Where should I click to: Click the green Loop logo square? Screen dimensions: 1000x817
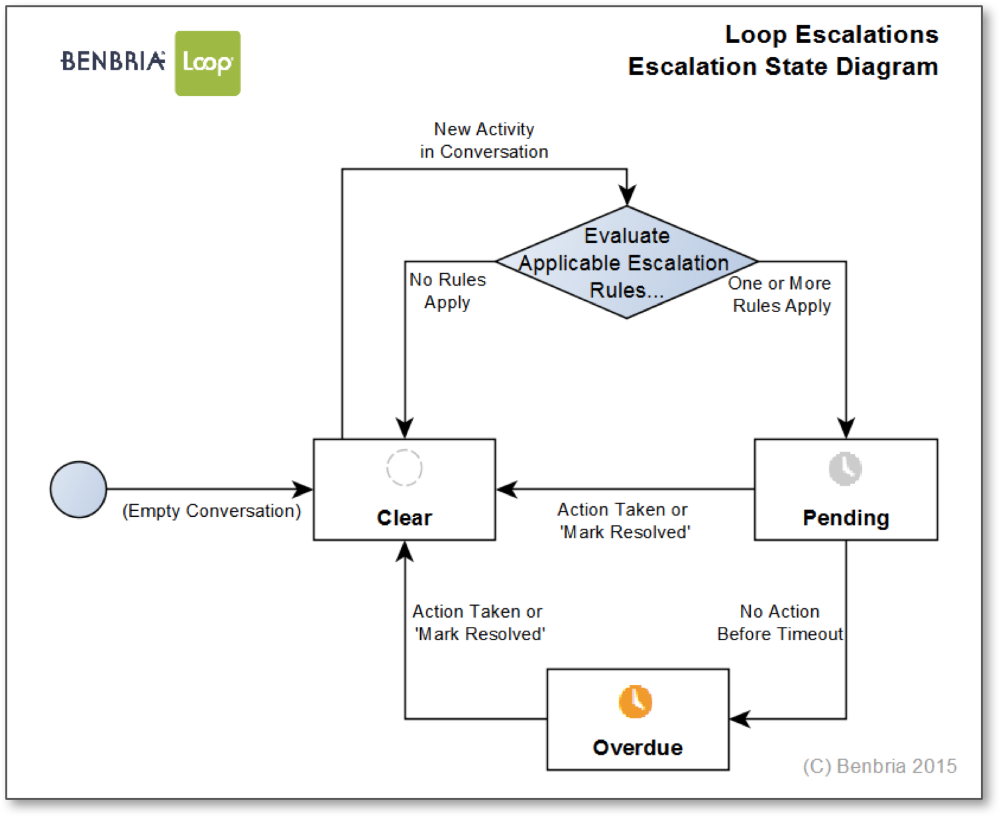point(207,64)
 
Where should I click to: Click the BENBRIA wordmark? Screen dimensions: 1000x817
point(113,61)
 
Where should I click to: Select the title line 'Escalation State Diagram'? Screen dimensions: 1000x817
point(783,67)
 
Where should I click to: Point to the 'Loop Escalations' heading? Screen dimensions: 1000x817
point(832,34)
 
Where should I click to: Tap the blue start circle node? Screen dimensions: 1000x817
point(78,490)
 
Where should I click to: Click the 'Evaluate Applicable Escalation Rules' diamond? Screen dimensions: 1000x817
point(626,262)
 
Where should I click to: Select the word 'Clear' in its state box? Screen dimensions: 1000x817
point(404,517)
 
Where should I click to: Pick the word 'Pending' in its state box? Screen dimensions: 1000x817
point(846,517)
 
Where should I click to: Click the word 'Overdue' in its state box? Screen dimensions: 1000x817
point(638,748)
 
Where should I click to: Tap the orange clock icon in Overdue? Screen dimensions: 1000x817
point(636,701)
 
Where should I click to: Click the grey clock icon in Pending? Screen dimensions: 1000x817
point(846,469)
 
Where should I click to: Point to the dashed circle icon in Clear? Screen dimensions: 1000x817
point(404,468)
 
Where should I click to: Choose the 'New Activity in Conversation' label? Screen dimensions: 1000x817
point(484,140)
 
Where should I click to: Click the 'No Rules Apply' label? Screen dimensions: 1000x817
point(447,291)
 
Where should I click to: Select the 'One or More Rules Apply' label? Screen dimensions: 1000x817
point(780,294)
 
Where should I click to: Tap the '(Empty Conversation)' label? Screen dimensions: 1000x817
point(211,511)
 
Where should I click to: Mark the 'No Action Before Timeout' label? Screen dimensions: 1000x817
point(780,623)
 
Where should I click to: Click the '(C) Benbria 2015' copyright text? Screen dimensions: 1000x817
point(879,766)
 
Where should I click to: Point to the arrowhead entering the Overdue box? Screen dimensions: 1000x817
point(740,719)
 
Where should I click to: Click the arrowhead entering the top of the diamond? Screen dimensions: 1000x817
point(627,195)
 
